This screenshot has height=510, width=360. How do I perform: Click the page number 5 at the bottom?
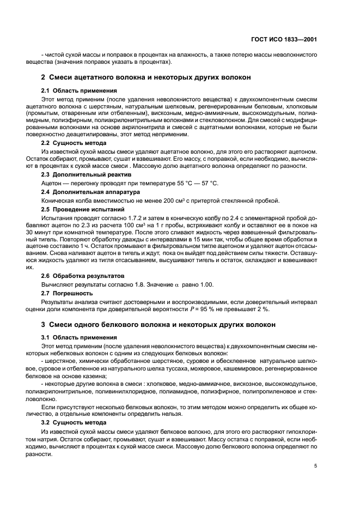(x=316, y=466)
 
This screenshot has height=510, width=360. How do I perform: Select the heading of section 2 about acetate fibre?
(x=146, y=77)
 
